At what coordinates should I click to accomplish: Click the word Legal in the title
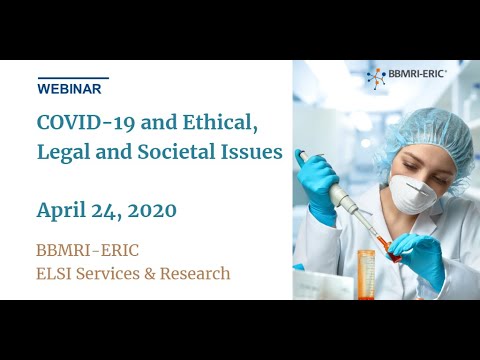(x=63, y=154)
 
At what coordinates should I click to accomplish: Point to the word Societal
(x=181, y=154)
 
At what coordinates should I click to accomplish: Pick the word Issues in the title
(x=255, y=154)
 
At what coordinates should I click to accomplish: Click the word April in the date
(x=63, y=210)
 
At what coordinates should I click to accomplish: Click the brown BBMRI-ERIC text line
(x=91, y=249)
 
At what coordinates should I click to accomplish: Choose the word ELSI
(x=56, y=272)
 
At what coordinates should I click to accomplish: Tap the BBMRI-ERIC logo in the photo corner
(x=405, y=76)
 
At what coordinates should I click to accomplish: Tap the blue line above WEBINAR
(x=72, y=77)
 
